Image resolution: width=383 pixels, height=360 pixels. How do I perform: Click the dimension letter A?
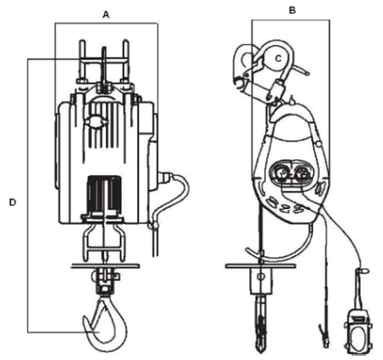click(x=106, y=14)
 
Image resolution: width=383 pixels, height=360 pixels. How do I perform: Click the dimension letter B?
click(x=292, y=10)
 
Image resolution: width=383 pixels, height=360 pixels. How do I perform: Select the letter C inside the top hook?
click(x=278, y=59)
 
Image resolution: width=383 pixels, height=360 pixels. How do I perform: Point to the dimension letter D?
click(x=13, y=203)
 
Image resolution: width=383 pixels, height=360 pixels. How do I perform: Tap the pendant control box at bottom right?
click(x=359, y=332)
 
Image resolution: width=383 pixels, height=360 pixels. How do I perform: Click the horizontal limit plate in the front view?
click(x=106, y=266)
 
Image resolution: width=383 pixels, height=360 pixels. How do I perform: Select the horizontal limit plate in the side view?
click(x=261, y=266)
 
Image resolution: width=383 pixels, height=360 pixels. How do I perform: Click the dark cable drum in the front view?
click(x=104, y=194)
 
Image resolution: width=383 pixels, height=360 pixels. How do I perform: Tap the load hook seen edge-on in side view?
click(x=261, y=324)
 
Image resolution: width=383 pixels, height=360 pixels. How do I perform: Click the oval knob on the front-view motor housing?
click(x=96, y=122)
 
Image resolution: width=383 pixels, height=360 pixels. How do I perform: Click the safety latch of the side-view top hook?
click(x=253, y=69)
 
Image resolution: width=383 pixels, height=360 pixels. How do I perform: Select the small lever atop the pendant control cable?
click(x=363, y=270)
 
